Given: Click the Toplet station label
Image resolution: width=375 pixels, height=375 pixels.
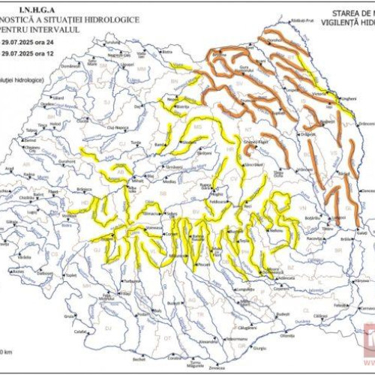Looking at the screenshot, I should [x=72, y=275].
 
